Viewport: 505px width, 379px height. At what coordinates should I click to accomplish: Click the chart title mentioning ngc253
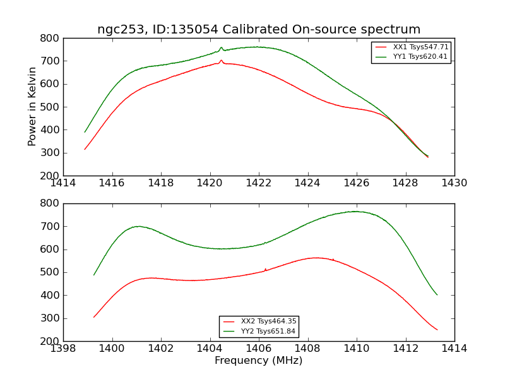259,30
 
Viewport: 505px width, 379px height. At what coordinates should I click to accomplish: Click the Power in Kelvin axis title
32,107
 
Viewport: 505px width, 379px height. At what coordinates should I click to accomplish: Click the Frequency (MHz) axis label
259,361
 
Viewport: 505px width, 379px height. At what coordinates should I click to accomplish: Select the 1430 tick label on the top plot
454,183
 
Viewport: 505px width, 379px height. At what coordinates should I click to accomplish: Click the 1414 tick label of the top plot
63,183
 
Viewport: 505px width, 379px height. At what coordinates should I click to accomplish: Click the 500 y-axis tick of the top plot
50,107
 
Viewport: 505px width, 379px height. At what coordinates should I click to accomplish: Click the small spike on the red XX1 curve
221,61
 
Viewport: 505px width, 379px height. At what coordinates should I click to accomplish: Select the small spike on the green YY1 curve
221,47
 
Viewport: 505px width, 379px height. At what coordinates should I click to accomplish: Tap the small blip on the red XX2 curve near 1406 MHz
265,269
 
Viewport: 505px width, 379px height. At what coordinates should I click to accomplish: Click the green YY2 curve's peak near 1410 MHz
356,212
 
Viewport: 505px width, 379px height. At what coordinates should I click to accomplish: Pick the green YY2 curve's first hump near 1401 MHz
138,226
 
